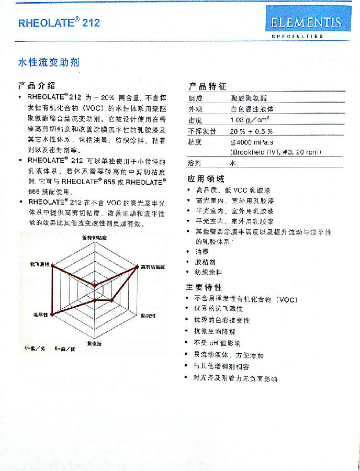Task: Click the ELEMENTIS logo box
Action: pyautogui.click(x=306, y=21)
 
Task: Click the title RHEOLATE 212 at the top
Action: pyautogui.click(x=59, y=23)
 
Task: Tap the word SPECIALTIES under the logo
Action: pyautogui.click(x=297, y=36)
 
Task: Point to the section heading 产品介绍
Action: pyautogui.click(x=37, y=85)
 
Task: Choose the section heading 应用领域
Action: pyautogui.click(x=206, y=179)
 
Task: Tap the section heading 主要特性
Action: pyautogui.click(x=204, y=287)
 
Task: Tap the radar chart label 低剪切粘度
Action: pyautogui.click(x=95, y=238)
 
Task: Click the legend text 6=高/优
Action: pyautogui.click(x=65, y=347)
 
